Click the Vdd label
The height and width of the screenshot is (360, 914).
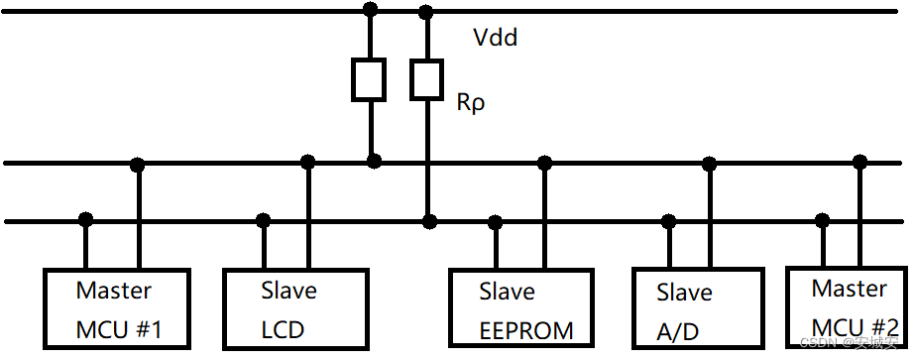pyautogui.click(x=496, y=40)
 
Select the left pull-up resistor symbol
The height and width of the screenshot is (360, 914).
pyautogui.click(x=370, y=79)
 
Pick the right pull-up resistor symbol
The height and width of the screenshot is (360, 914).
pyautogui.click(x=427, y=79)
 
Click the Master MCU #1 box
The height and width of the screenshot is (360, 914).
pyautogui.click(x=118, y=308)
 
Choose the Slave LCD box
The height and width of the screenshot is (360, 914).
pyautogui.click(x=288, y=308)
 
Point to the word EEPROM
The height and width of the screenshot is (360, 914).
pyautogui.click(x=525, y=329)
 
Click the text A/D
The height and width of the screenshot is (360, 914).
pyautogui.click(x=678, y=331)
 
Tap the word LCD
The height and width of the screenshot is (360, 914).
pyautogui.click(x=283, y=329)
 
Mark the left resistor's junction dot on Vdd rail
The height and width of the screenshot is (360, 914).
pyautogui.click(x=371, y=11)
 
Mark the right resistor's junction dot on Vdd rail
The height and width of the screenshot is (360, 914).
pyautogui.click(x=427, y=12)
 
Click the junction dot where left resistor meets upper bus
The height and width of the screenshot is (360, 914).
pyautogui.click(x=374, y=161)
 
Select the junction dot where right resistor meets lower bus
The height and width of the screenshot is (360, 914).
pyautogui.click(x=428, y=220)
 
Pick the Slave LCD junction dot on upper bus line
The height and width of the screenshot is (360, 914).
pyautogui.click(x=308, y=162)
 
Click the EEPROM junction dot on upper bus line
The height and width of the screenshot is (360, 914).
pyautogui.click(x=543, y=162)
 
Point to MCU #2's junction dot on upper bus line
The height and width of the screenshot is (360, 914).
pyautogui.click(x=859, y=162)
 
